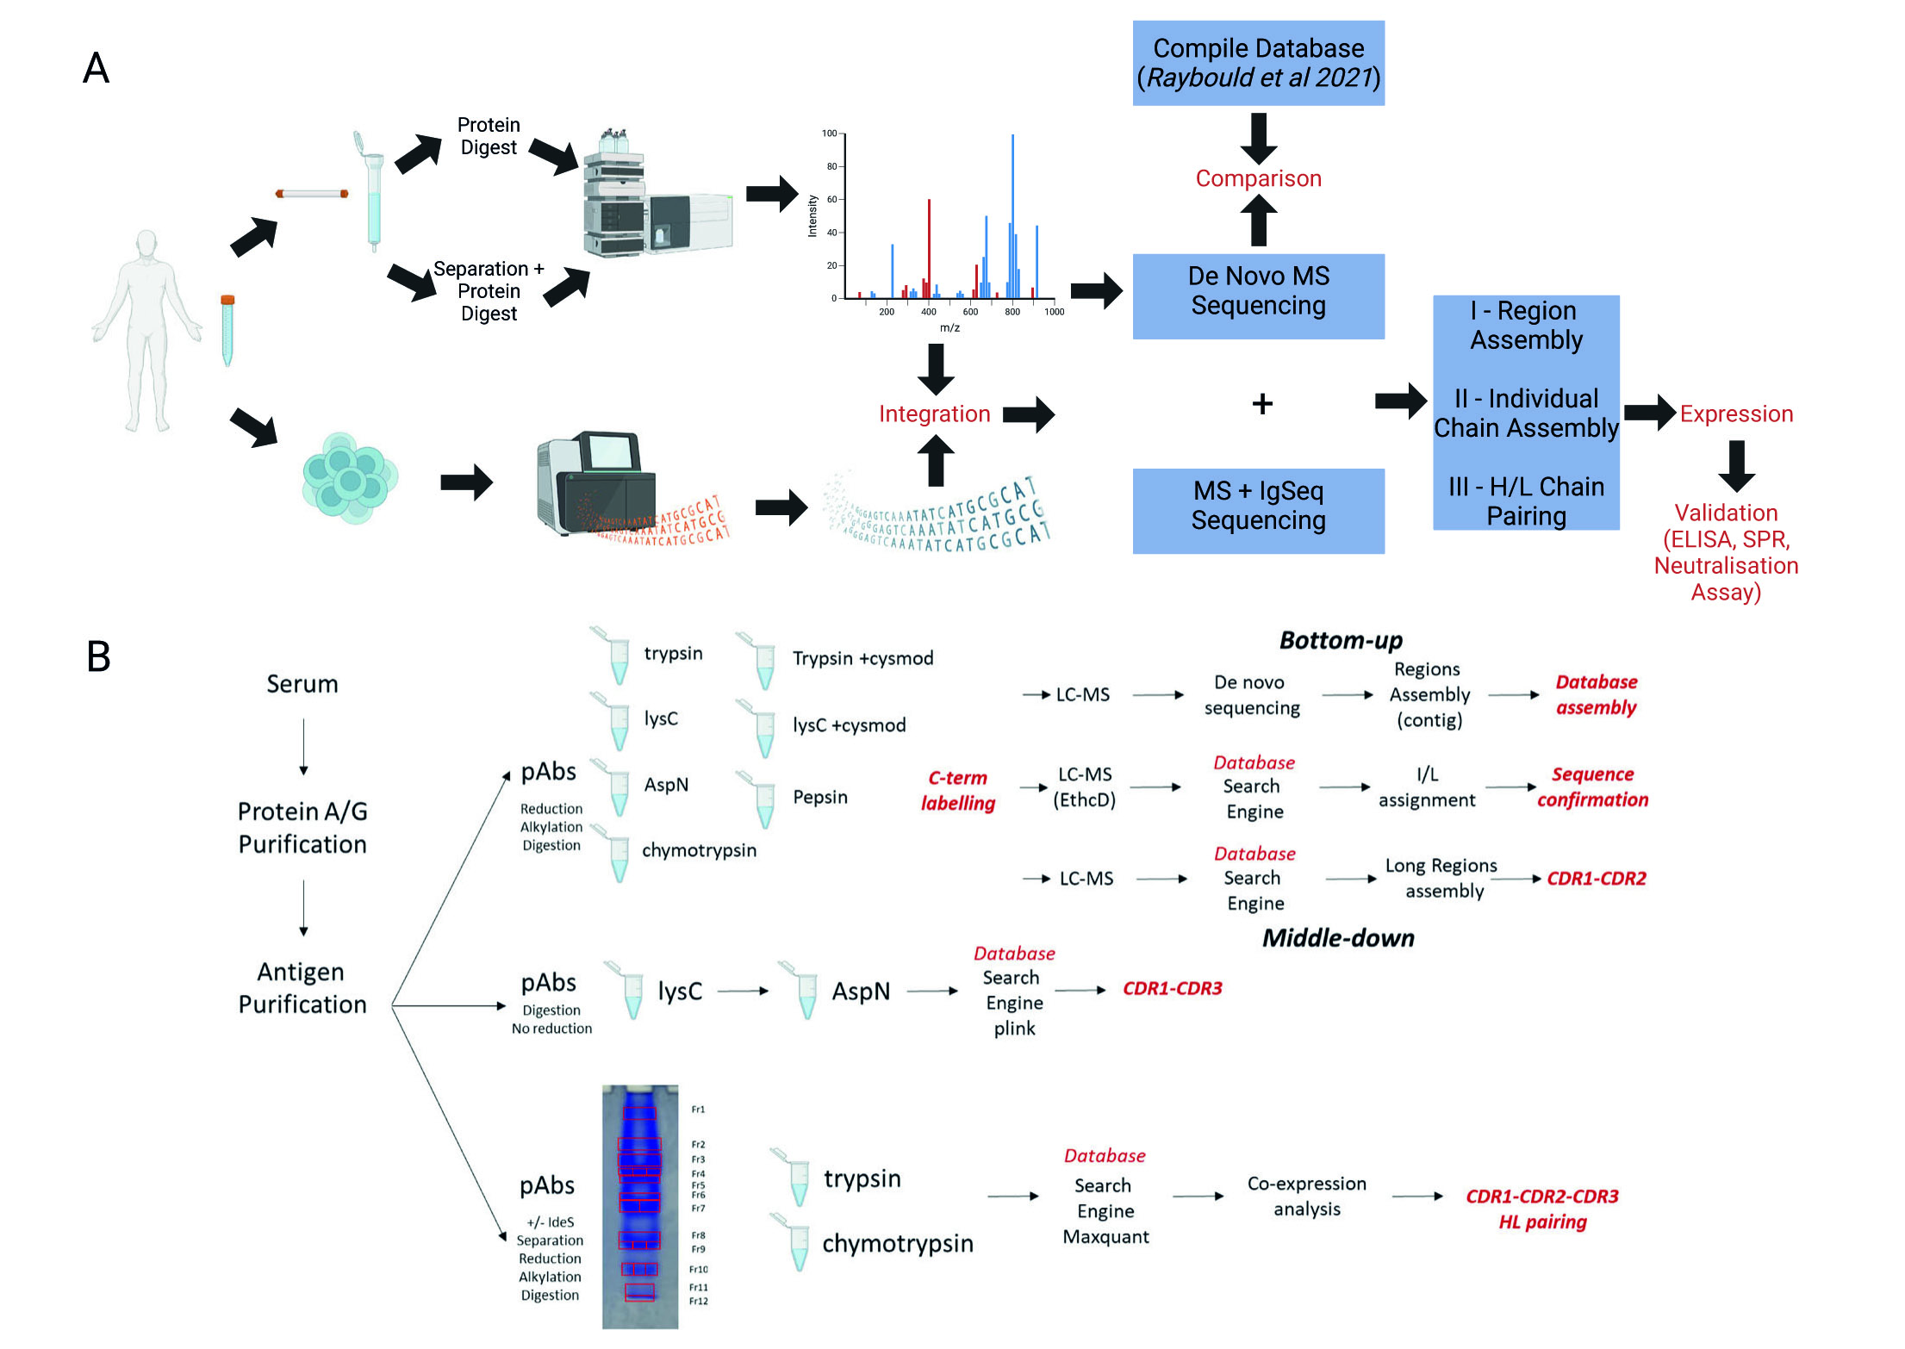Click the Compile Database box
coord(1258,63)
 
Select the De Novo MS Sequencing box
coord(1258,291)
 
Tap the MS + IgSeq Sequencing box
coord(1258,507)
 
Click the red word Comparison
coord(1258,178)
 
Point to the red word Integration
coord(934,414)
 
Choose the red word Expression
coord(1736,414)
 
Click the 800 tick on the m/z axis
coord(1012,312)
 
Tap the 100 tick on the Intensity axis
coord(829,134)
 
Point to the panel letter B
coord(98,656)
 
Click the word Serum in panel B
coord(302,684)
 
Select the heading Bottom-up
coord(1341,641)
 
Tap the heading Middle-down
coord(1338,938)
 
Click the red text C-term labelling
coord(957,790)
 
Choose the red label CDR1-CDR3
coord(1172,988)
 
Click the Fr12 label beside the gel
coord(699,1301)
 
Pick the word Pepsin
coord(819,797)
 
